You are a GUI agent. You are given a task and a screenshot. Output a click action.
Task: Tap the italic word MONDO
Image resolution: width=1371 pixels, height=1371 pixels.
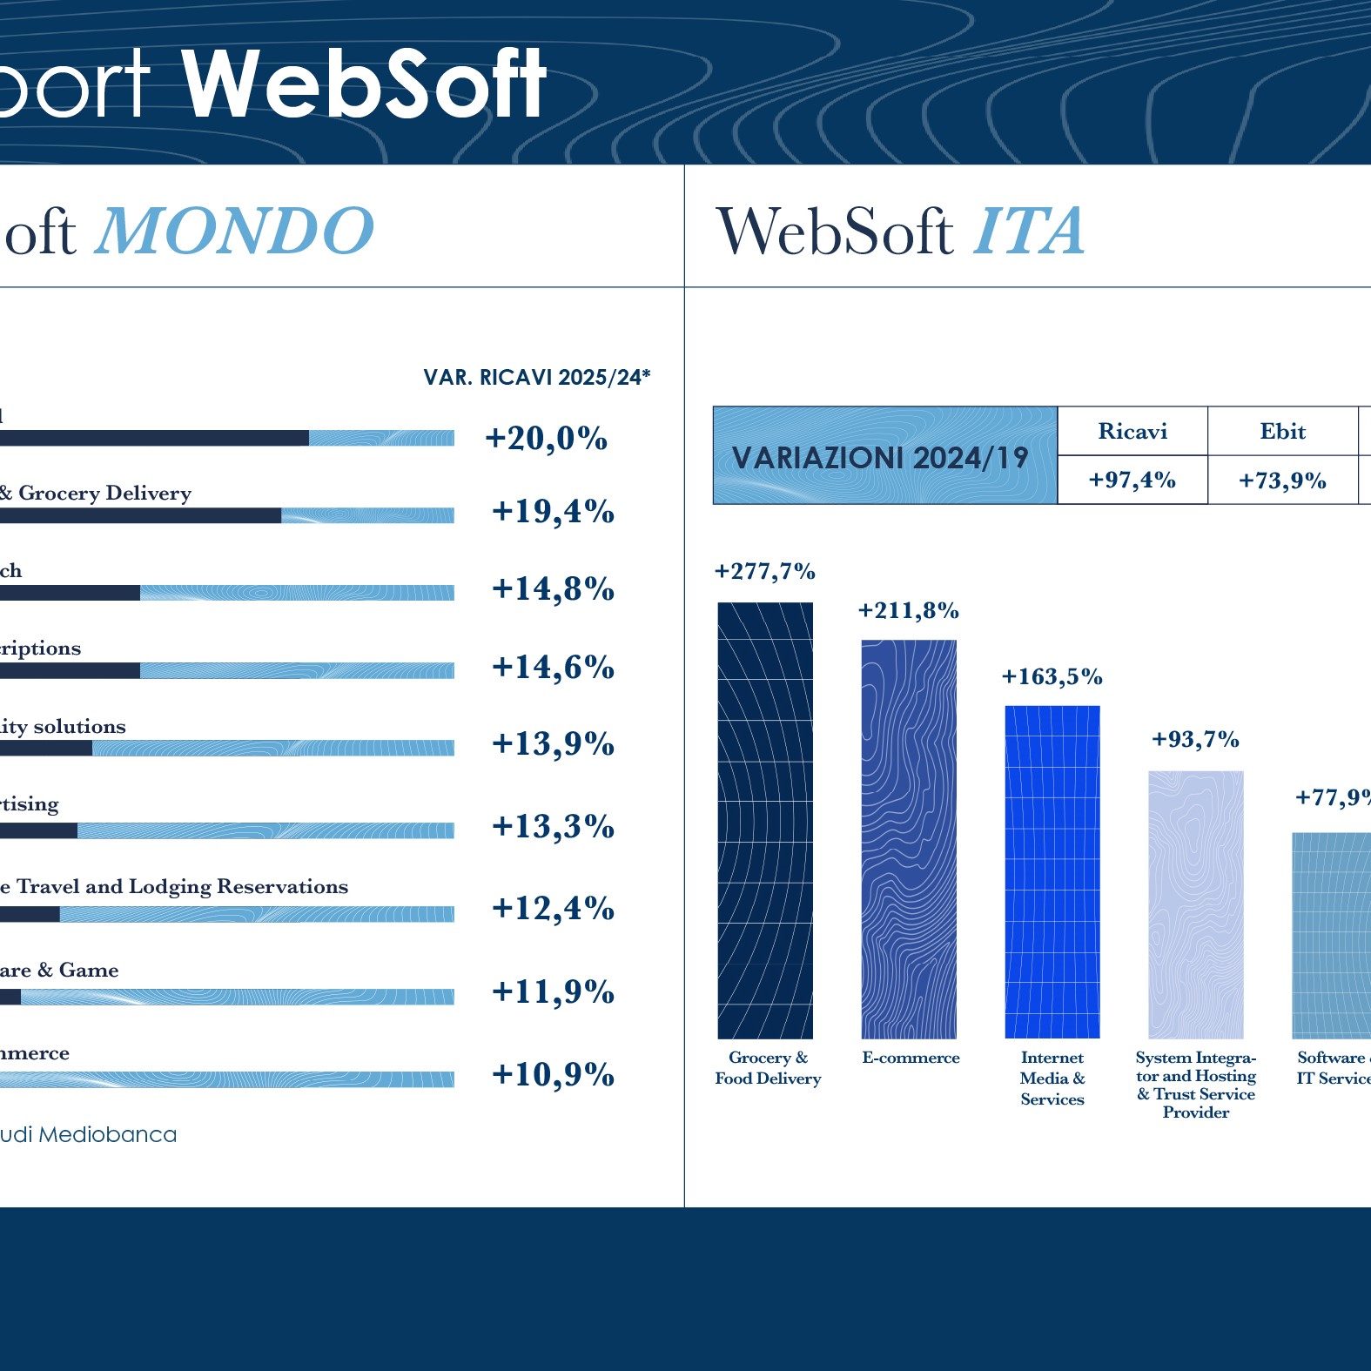235,232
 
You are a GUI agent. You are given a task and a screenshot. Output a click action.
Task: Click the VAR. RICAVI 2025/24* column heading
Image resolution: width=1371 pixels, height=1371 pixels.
536,377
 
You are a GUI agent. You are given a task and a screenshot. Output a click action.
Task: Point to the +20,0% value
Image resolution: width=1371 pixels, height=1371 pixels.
546,438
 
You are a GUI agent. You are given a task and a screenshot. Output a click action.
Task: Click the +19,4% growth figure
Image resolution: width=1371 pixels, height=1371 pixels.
553,511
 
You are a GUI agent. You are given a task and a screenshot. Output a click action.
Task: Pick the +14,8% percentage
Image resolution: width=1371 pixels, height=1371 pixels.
553,588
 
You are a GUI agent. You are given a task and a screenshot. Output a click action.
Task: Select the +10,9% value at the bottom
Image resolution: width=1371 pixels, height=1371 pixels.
553,1074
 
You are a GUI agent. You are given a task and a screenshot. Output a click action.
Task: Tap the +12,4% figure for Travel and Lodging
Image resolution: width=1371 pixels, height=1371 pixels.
553,908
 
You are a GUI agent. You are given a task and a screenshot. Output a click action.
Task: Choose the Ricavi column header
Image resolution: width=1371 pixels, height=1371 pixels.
1132,431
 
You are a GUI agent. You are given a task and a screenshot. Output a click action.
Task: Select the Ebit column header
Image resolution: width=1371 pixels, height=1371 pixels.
1282,431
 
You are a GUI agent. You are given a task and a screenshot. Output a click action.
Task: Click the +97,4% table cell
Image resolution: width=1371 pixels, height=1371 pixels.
1132,480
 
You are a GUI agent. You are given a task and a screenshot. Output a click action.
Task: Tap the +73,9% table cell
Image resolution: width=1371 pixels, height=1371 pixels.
1282,480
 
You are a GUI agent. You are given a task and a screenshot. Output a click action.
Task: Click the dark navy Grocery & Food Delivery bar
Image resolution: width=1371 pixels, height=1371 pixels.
765,820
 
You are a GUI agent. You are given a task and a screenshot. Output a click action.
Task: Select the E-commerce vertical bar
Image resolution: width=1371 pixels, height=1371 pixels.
909,839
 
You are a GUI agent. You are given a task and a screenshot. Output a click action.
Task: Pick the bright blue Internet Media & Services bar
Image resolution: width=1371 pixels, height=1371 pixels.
1052,871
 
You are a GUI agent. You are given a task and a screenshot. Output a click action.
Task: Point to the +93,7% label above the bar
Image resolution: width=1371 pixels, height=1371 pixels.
1195,739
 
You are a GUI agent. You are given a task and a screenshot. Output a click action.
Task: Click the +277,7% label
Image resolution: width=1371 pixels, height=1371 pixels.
764,571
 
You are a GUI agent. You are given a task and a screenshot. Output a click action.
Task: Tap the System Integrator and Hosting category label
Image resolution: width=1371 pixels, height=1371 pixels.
1196,1085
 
